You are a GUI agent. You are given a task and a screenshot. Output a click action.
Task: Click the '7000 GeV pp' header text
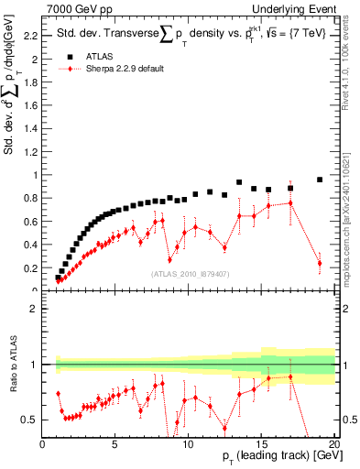[79, 8]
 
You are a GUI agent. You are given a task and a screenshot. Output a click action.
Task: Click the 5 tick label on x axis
[115, 446]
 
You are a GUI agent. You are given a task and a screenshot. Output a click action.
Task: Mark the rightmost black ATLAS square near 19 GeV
[320, 180]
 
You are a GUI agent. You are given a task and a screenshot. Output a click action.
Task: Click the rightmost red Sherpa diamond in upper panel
[320, 263]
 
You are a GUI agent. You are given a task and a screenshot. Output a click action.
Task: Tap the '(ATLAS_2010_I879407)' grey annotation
[188, 273]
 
